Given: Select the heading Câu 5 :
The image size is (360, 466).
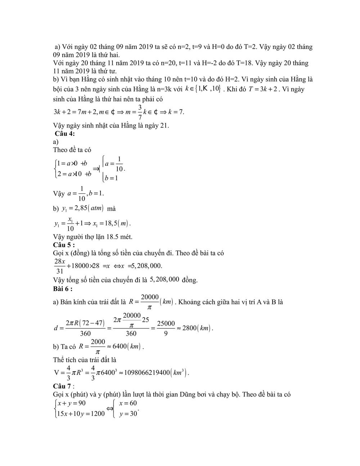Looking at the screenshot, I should click(64, 245).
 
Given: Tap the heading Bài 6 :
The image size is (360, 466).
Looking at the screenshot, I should click(63, 288).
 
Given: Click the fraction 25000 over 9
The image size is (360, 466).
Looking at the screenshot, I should click(166, 328).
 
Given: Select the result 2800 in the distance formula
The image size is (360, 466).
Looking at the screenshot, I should click(189, 328).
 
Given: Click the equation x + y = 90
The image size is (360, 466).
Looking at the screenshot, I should click(72, 403).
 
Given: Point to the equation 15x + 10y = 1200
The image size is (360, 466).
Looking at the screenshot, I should click(81, 413).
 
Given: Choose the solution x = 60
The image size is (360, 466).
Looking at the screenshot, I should click(128, 403).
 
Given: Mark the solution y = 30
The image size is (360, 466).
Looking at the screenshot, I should click(129, 413).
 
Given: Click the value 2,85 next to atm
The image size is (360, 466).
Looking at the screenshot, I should click(78, 208).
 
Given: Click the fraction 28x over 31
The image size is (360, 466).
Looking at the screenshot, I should click(60, 266).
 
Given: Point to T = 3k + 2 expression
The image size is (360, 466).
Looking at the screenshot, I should click(263, 89).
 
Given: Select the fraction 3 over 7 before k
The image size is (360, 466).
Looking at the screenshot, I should click(140, 112).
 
